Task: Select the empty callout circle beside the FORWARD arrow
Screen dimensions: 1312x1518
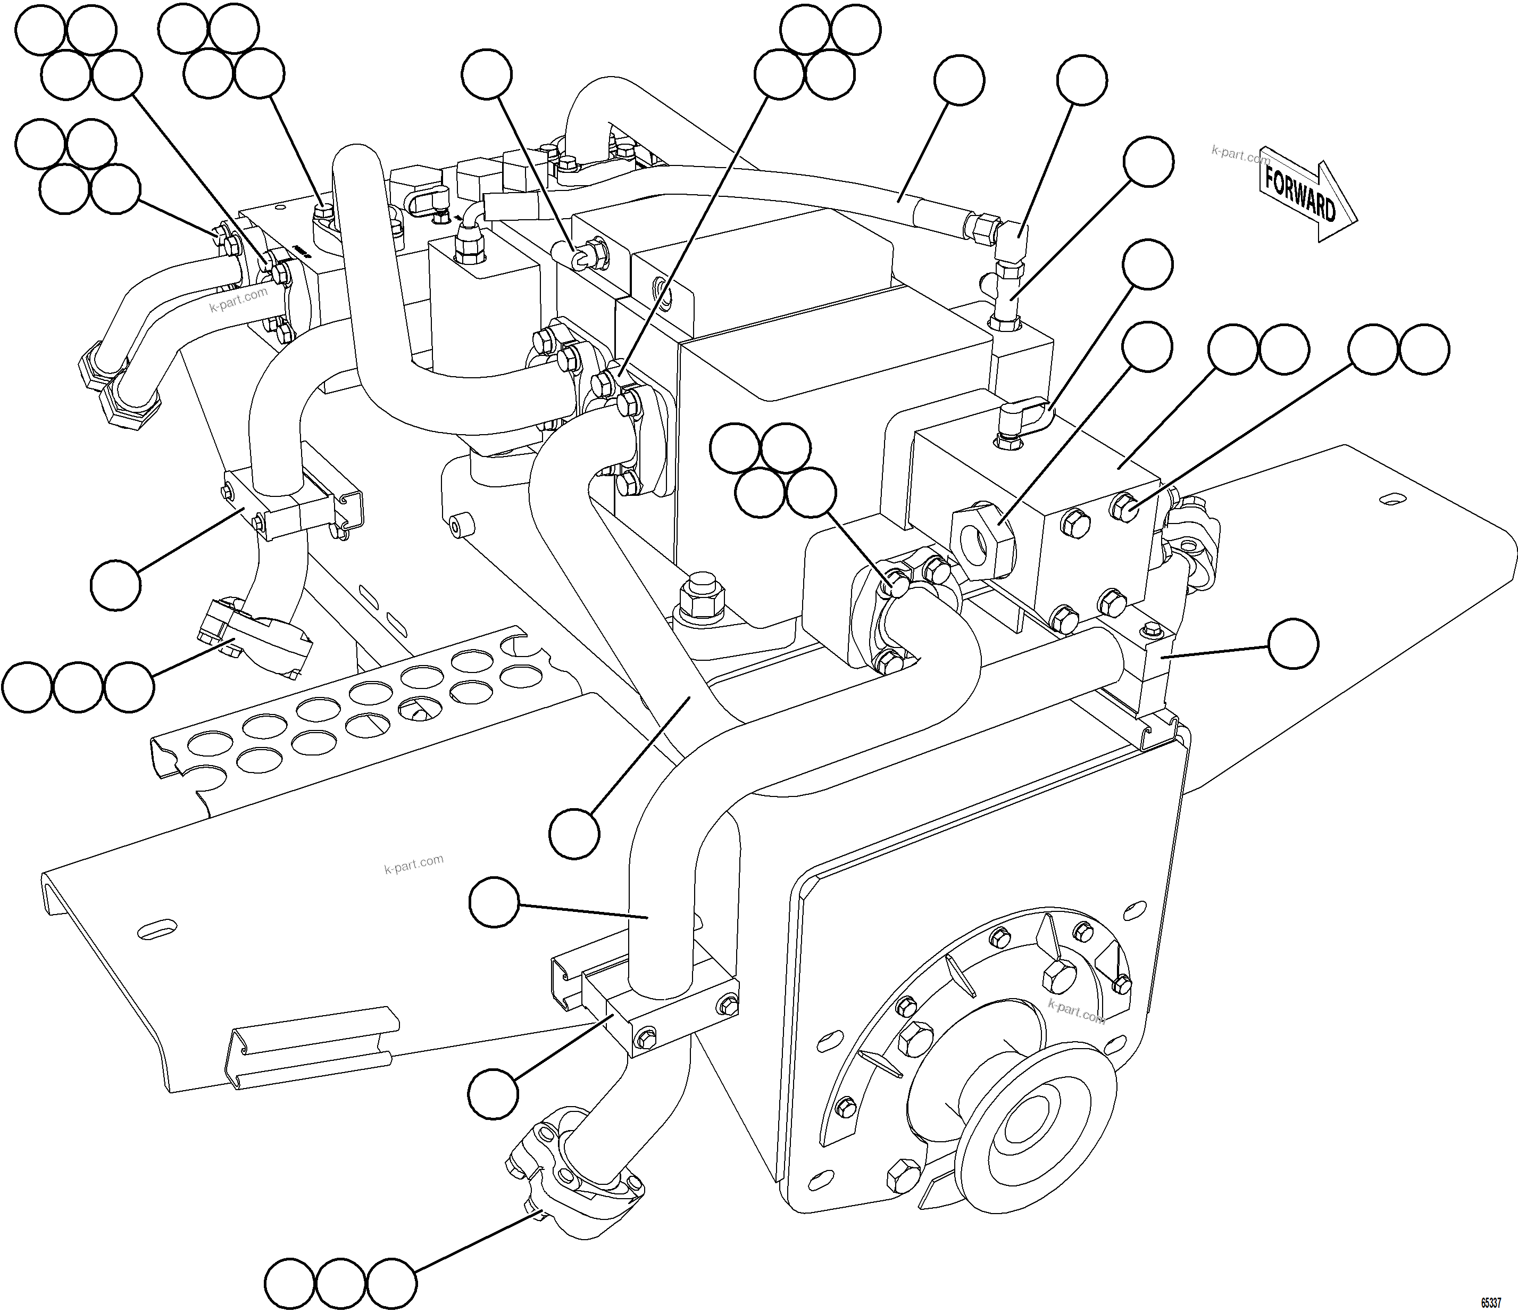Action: pos(1149,161)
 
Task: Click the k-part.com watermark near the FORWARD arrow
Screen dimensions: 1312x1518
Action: pos(1240,154)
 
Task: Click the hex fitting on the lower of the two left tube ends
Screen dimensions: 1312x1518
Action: pos(132,400)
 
